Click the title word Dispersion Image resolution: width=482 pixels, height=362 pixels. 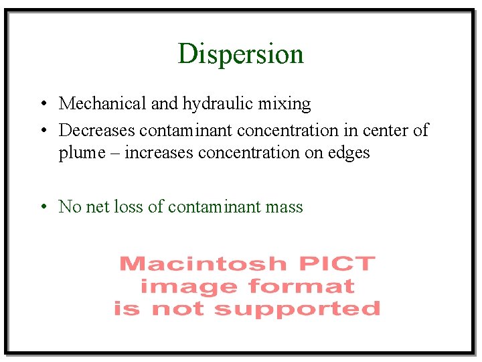(240, 54)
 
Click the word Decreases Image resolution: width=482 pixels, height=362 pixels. (97, 130)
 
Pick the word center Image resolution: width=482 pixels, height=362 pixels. (387, 130)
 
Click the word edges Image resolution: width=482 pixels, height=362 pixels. (347, 153)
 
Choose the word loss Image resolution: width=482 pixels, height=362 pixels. (129, 206)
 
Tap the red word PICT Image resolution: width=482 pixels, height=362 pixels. (336, 263)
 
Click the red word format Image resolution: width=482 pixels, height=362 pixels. (301, 286)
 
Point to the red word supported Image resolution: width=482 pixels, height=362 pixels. (297, 309)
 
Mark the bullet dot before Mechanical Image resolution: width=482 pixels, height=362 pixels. (42, 104)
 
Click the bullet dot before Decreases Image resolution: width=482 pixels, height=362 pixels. (42, 130)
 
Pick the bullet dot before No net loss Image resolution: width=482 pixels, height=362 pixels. (42, 206)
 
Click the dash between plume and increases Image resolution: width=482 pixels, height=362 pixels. (115, 154)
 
